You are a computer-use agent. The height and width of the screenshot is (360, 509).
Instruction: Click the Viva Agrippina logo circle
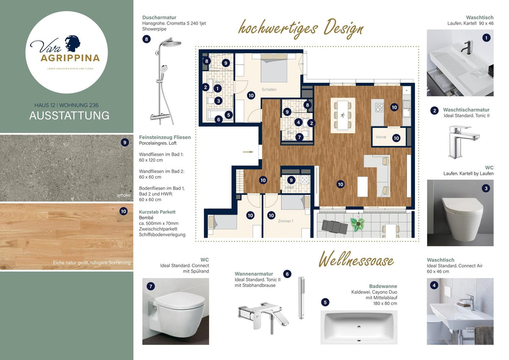66,52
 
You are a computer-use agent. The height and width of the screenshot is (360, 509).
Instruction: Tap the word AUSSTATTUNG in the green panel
69,115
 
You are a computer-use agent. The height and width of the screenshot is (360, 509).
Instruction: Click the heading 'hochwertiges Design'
301,28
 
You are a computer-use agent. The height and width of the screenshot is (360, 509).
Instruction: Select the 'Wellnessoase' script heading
356,260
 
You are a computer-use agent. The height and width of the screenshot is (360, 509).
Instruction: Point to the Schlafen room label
269,90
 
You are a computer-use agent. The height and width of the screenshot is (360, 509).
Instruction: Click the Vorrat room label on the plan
380,137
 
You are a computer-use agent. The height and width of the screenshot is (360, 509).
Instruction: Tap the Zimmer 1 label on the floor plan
285,221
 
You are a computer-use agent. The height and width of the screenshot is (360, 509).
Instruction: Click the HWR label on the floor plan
290,187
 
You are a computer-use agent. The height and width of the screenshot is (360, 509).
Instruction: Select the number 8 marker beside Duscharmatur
147,39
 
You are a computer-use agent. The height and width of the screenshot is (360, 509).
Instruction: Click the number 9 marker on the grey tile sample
124,143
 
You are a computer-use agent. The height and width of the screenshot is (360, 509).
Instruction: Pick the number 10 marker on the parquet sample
123,211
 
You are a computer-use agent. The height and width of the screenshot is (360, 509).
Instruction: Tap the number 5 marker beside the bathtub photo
325,302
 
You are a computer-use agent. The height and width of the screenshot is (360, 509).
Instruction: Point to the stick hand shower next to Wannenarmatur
301,298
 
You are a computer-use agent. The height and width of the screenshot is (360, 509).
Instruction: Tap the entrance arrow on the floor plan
249,151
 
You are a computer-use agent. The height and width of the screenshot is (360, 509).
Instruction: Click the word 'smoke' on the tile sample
124,195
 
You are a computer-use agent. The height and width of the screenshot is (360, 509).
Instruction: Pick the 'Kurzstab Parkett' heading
157,211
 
